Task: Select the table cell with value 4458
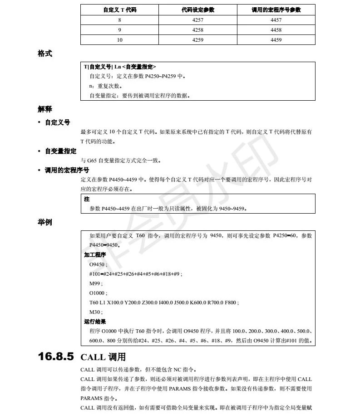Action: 276,30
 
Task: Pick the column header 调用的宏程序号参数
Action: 276,10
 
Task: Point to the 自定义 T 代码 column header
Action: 119,10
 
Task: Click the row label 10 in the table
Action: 119,40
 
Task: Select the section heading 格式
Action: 45,54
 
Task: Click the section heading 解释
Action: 45,109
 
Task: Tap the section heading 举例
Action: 45,222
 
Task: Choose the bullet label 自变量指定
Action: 60,151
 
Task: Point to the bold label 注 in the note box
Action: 87,199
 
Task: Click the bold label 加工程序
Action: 95,255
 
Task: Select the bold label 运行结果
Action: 95,322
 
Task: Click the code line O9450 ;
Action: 99,264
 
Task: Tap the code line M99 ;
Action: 96,283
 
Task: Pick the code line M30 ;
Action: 96,312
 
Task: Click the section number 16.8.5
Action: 56,357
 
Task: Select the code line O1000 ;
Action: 99,293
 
